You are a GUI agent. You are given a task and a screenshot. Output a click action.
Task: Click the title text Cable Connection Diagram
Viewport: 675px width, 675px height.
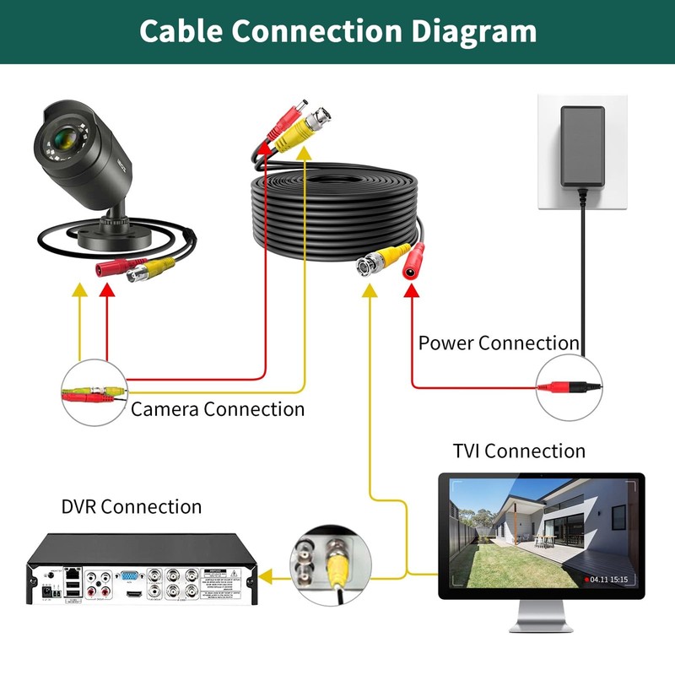[337, 31]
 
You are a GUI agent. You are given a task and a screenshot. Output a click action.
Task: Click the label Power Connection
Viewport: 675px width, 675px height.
[499, 343]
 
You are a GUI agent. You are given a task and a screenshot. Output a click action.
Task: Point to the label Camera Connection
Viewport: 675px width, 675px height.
[218, 409]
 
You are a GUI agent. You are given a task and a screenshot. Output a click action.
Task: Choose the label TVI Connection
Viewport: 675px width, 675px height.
[518, 451]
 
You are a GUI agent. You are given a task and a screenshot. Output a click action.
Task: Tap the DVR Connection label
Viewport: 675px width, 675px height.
[132, 507]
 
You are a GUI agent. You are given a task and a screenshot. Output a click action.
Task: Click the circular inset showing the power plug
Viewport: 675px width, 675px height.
[570, 387]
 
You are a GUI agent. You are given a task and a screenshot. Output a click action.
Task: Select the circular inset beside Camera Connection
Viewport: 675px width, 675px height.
[94, 392]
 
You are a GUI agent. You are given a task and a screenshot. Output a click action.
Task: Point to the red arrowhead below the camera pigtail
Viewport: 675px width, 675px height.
[107, 289]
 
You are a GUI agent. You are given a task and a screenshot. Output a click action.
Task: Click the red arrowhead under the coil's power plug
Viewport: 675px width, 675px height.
[413, 291]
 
